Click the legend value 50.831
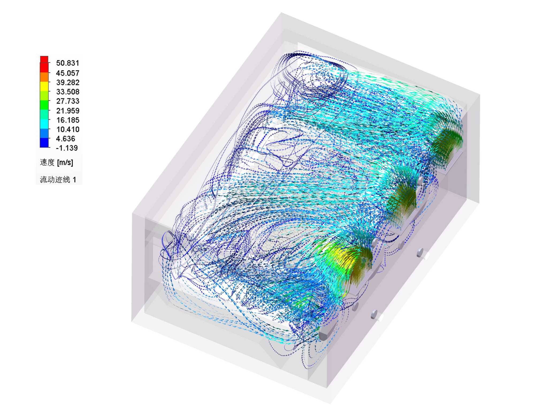pos(67,63)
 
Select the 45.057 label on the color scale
pos(67,73)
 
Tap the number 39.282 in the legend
pos(67,82)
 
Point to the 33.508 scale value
pos(67,92)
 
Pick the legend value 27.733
pos(67,101)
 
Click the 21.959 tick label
pos(67,111)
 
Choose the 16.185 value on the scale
pos(67,120)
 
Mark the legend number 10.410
pos(67,129)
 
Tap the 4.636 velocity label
pos(66,139)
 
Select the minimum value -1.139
pos(67,148)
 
